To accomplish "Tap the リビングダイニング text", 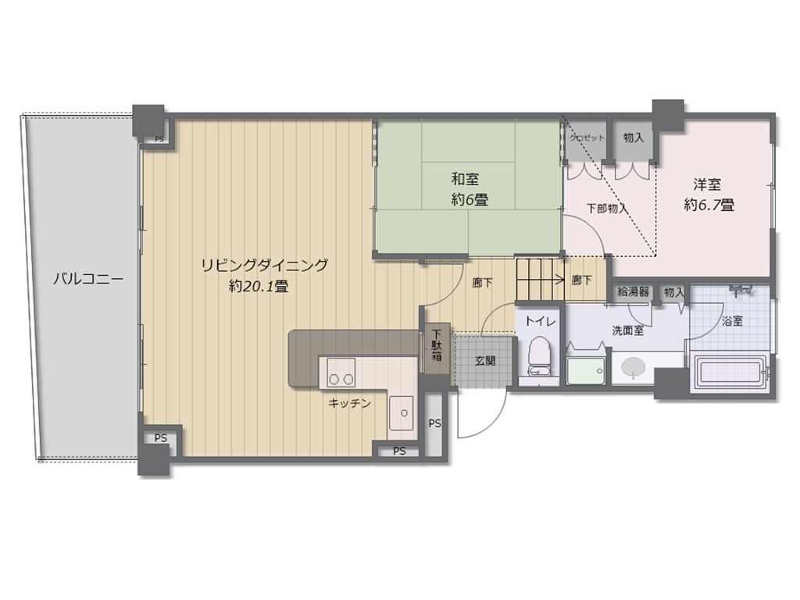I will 264,265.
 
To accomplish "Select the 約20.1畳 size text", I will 259,287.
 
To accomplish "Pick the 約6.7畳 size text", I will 708,205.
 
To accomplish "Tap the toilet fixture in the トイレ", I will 538,356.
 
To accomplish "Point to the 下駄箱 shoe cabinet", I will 436,347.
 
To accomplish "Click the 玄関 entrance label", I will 484,360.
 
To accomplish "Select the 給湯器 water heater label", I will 633,292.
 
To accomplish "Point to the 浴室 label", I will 731,321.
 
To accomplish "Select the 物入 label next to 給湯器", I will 673,292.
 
